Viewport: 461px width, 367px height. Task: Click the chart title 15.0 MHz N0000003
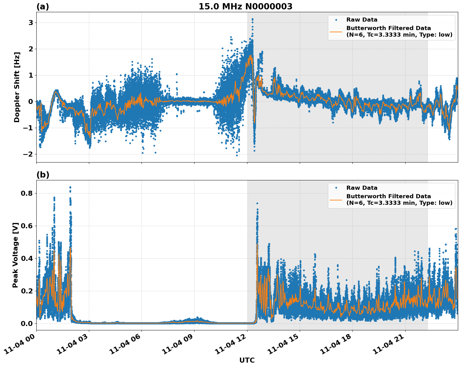tap(245, 7)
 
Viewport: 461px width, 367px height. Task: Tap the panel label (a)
tap(43, 7)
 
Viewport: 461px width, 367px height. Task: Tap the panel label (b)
tap(43, 175)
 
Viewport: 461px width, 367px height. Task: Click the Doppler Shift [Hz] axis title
tap(17, 87)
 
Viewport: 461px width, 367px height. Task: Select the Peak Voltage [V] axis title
tap(15, 255)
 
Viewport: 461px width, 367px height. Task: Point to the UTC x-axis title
tap(247, 360)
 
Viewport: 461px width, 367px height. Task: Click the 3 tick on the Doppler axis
tap(31, 23)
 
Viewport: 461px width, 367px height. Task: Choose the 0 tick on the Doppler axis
tap(31, 102)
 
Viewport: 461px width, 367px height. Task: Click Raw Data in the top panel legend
tap(362, 20)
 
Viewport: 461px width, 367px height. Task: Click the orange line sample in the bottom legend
tap(336, 199)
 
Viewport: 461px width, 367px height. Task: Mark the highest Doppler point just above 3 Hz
tap(252, 19)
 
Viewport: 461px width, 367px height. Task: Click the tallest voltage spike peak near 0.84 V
tap(70, 187)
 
